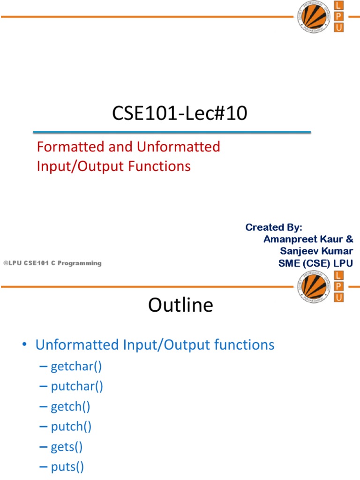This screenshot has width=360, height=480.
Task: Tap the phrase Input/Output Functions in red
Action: tap(114, 166)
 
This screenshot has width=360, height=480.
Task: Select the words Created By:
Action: tap(274, 227)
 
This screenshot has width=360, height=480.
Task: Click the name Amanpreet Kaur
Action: tap(304, 239)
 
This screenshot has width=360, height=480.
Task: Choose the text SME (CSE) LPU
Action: tap(316, 263)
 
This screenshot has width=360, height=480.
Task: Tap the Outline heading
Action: tap(180, 305)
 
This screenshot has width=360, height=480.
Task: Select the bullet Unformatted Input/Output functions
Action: tap(155, 345)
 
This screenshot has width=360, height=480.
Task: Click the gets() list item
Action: tap(67, 447)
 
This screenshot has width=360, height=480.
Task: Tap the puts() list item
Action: tap(67, 467)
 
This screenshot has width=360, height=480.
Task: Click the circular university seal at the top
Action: tap(311, 16)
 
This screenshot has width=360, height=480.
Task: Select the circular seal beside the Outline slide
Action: tap(311, 287)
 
